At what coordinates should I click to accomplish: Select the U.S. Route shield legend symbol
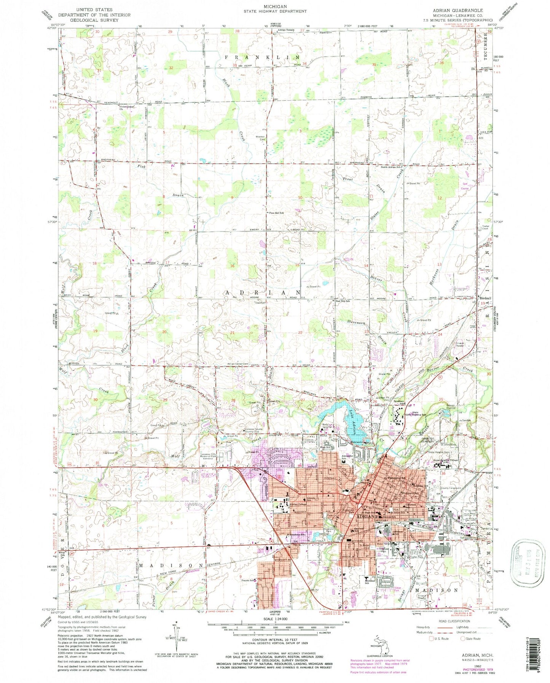tap(430, 639)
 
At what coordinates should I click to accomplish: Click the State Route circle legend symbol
tap(463, 639)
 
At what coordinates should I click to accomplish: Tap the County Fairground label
tap(451, 488)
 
